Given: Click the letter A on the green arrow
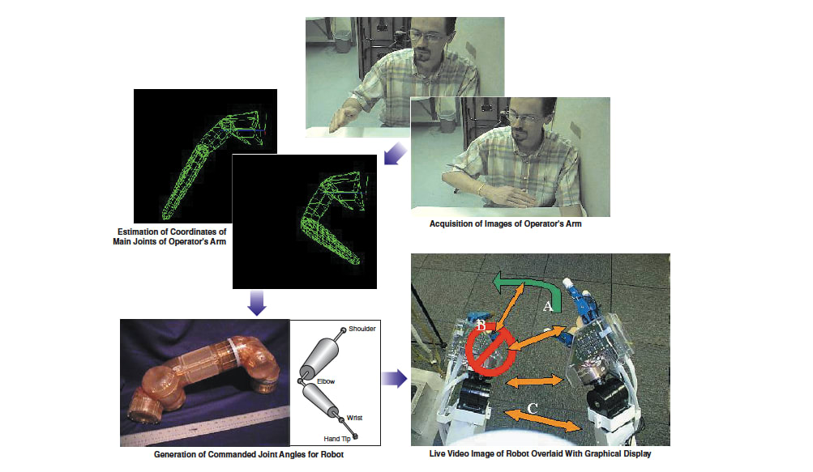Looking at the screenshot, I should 548,306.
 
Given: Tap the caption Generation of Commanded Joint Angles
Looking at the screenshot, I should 248,454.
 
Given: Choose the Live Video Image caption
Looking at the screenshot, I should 540,454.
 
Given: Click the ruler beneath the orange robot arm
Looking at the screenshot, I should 211,430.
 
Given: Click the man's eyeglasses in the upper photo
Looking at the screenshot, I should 427,36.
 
